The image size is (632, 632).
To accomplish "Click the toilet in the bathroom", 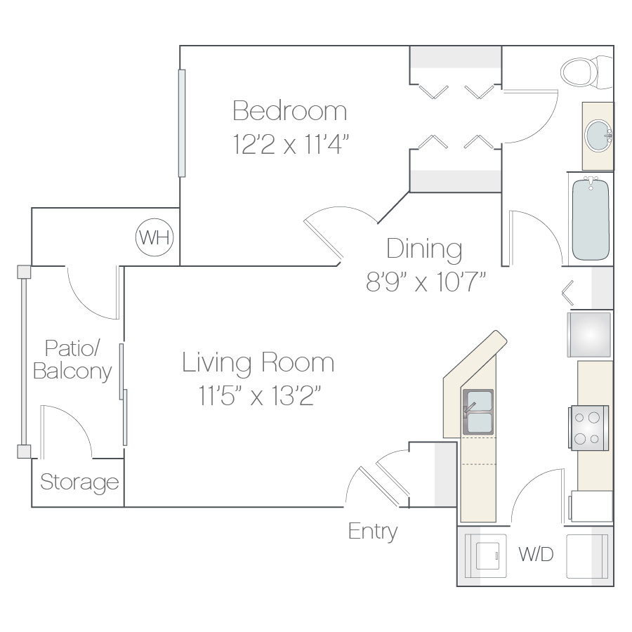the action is click(586, 72).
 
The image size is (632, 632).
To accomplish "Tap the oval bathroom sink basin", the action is click(599, 136).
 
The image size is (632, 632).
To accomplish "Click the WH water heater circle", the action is click(154, 237).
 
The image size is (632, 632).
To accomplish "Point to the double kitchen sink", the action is click(478, 412).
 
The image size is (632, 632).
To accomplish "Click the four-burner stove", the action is click(589, 428).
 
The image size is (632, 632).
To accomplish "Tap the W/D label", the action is click(536, 554).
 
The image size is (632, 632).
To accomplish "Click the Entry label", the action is click(373, 532).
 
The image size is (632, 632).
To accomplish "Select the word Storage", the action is click(79, 482).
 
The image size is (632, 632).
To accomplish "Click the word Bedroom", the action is click(290, 110).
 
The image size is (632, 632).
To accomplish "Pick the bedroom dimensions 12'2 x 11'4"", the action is click(290, 144).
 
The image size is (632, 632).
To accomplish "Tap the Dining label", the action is click(424, 249).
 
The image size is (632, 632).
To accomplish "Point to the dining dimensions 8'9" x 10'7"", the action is click(426, 282).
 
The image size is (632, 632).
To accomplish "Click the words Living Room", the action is click(258, 362).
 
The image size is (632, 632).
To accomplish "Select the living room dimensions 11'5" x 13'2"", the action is click(259, 395).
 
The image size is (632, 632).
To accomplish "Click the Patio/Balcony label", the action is click(72, 360).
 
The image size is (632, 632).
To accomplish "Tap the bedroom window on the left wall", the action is click(182, 123).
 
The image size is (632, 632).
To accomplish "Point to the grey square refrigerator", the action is click(589, 334).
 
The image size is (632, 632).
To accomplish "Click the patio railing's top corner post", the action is click(24, 272).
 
